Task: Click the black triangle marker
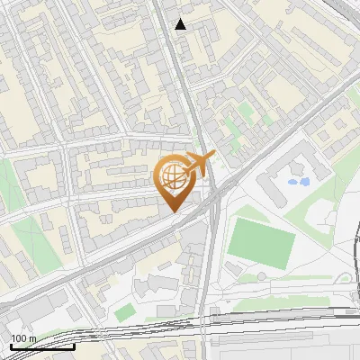pos(181,24)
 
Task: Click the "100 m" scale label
pos(23,337)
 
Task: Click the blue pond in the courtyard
pos(297,182)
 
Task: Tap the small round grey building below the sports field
pos(234,269)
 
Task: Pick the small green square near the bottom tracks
pos(124,311)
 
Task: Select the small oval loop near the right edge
pos(346,279)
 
